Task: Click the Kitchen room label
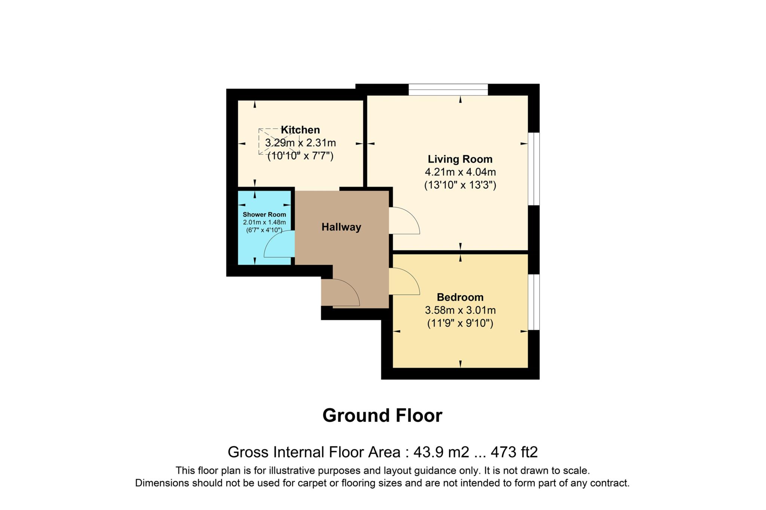click(x=300, y=130)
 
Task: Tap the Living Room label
click(x=460, y=159)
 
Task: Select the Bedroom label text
click(x=460, y=297)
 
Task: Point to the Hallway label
click(x=341, y=227)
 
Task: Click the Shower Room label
click(x=264, y=214)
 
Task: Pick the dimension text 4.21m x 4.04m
click(x=460, y=172)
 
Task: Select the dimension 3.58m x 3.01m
click(x=460, y=310)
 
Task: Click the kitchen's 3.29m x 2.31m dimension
click(x=300, y=143)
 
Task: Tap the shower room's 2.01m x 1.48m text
click(x=264, y=222)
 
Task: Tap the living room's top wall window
click(x=448, y=90)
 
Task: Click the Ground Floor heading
click(x=382, y=415)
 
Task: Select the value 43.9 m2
click(x=441, y=452)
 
